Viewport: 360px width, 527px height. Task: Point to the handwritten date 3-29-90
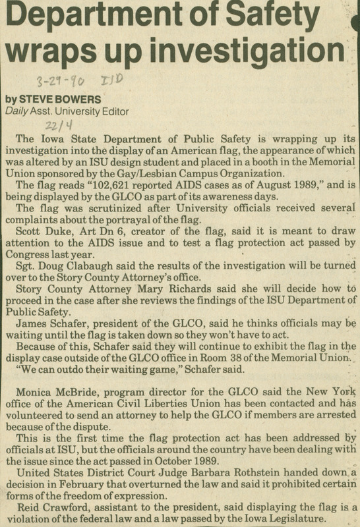pyautogui.click(x=61, y=83)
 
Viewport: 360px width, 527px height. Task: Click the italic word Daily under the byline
pyautogui.click(x=17, y=111)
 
